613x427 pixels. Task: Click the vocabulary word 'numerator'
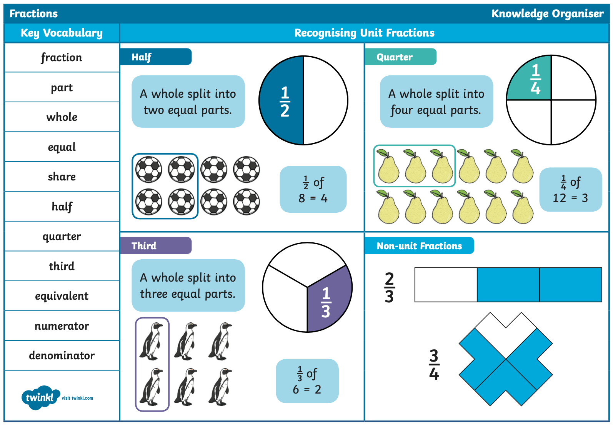click(x=62, y=326)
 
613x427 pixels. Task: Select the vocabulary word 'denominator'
click(x=62, y=355)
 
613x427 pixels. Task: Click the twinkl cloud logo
click(x=40, y=397)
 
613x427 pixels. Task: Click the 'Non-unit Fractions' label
click(x=419, y=245)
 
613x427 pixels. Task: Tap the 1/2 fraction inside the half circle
click(x=285, y=101)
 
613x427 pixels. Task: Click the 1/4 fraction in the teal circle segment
click(x=535, y=79)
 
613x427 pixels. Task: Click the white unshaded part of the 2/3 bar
click(x=446, y=285)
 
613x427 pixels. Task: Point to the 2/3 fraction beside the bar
click(x=389, y=287)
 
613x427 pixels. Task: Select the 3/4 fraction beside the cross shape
click(x=434, y=364)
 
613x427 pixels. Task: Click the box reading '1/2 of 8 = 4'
click(x=313, y=189)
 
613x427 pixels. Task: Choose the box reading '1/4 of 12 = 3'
click(x=571, y=189)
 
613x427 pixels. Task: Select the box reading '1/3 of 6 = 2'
click(x=307, y=381)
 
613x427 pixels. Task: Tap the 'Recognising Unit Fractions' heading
click(x=364, y=33)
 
